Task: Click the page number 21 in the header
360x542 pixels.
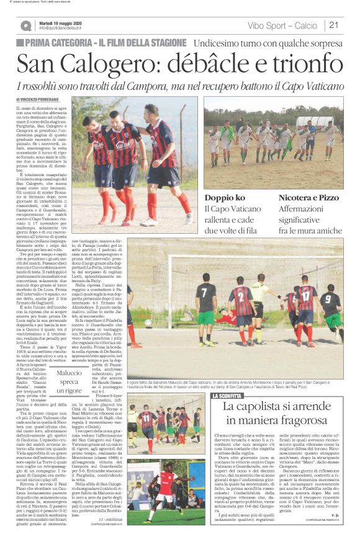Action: pyautogui.click(x=333, y=25)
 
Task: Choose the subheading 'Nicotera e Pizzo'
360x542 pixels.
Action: pyautogui.click(x=307, y=198)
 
